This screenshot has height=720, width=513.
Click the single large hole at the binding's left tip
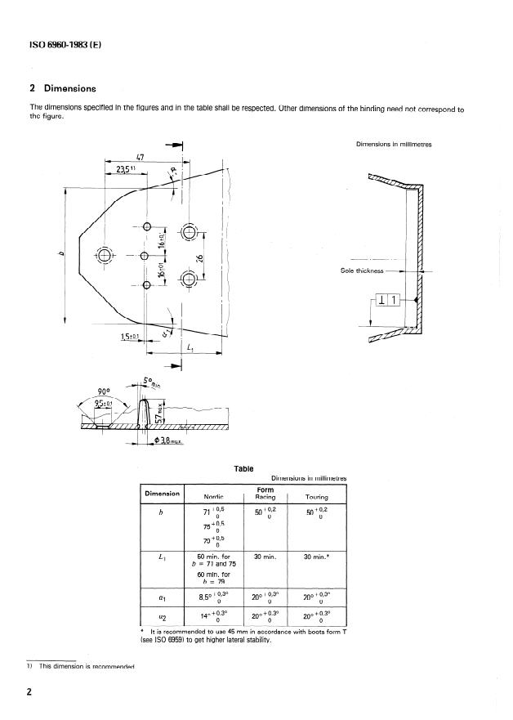[104, 254]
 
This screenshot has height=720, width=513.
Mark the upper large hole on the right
[189, 233]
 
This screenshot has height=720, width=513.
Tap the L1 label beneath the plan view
[190, 348]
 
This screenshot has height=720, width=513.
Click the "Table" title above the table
[243, 469]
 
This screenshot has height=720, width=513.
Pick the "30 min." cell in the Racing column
[262, 557]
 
